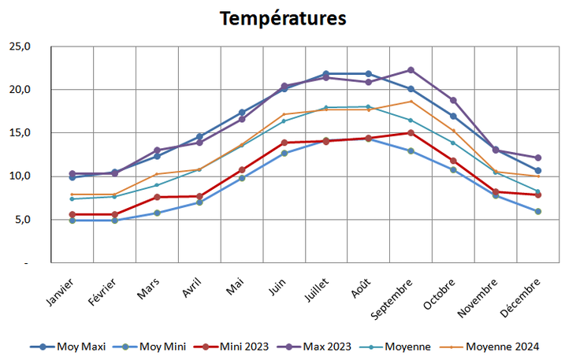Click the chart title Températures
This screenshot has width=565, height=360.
[282, 18]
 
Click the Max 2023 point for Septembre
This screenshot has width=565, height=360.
[411, 70]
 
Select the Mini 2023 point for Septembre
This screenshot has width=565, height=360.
[411, 133]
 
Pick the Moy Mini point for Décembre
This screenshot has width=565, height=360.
[538, 211]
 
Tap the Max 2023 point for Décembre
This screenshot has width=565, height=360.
[538, 158]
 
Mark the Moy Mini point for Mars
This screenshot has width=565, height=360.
[157, 213]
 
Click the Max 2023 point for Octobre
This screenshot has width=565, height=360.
[453, 100]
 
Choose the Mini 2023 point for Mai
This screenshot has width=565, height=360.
[242, 169]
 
